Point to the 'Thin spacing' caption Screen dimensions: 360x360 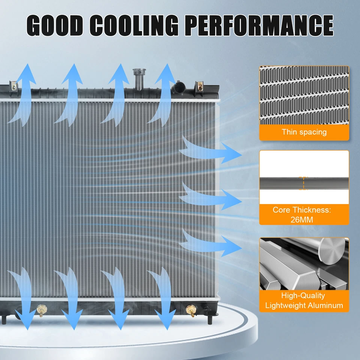point(304,132)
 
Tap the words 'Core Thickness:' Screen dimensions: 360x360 point(302,210)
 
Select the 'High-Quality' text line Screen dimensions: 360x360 point(304,296)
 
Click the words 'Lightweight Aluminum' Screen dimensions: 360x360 point(304,305)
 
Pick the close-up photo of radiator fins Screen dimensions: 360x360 point(304,96)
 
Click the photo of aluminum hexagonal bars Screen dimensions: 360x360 point(304,264)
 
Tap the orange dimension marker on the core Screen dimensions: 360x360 point(303,183)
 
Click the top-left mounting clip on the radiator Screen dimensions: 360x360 point(14,87)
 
